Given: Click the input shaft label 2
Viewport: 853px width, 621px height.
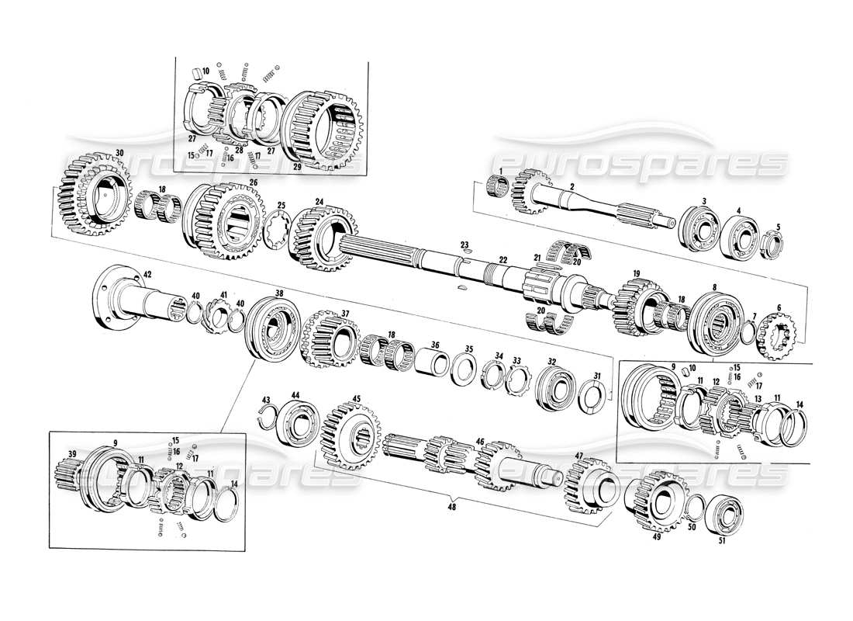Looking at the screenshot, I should click(572, 187).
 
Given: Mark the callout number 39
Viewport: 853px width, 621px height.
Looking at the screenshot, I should click(71, 454).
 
